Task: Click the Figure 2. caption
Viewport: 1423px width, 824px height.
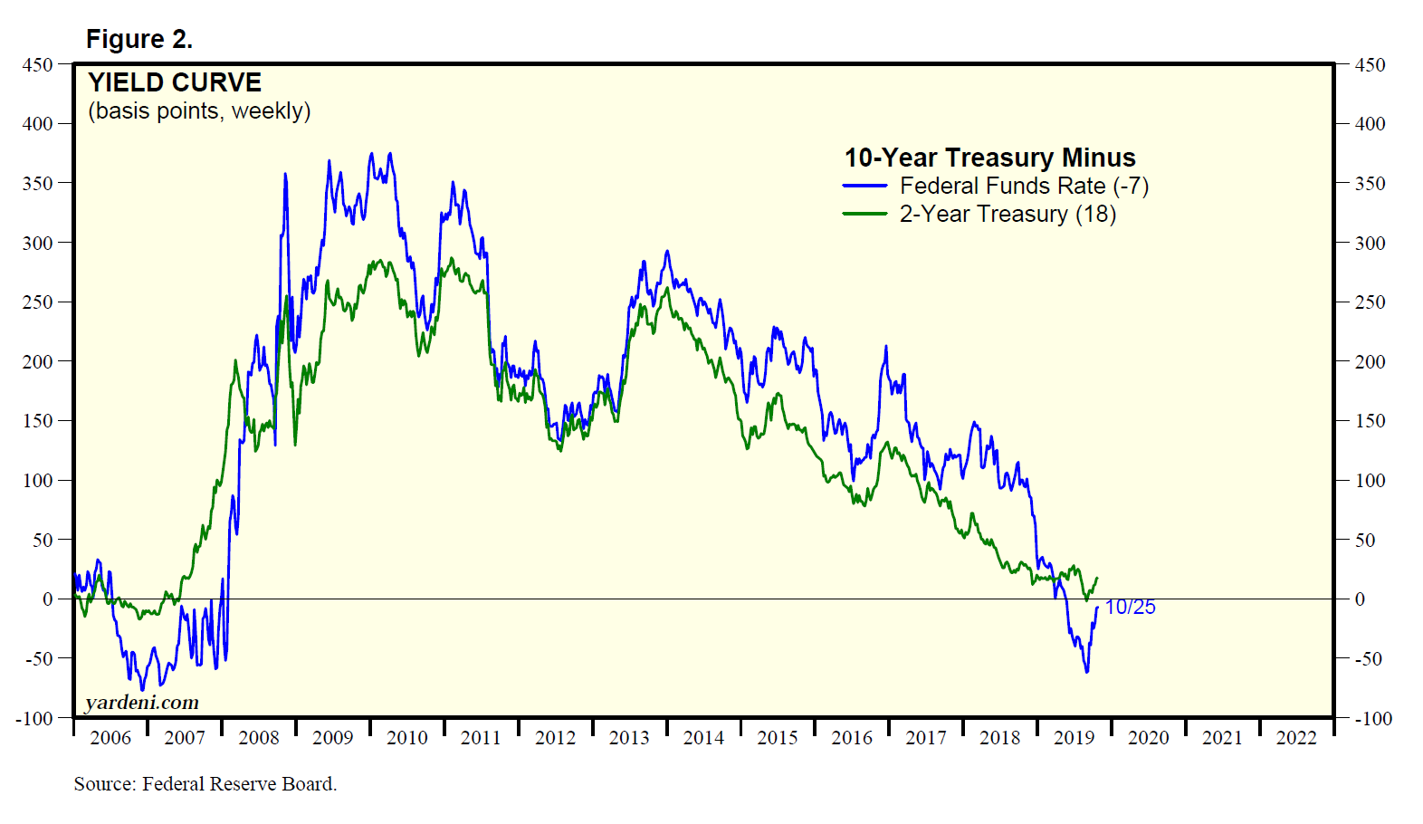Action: [139, 39]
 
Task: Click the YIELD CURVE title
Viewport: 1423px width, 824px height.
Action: [175, 82]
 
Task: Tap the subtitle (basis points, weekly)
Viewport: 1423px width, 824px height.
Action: [199, 110]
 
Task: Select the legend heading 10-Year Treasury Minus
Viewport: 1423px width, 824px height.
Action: [989, 158]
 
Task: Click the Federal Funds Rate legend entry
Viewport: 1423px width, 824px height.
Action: [1023, 187]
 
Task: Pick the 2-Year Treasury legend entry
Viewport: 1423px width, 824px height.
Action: [1007, 215]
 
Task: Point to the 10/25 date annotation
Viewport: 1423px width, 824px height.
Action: [1130, 608]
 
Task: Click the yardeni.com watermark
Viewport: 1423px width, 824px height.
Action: [141, 703]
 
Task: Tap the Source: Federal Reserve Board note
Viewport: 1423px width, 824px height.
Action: [205, 784]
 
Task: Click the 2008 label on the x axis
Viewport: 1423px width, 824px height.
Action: [259, 738]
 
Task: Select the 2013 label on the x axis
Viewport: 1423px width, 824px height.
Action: [629, 738]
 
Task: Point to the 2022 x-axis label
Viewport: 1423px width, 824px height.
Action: [1296, 738]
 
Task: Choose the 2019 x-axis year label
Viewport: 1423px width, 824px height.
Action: [1074, 738]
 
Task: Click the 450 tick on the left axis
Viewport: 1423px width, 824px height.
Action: [38, 65]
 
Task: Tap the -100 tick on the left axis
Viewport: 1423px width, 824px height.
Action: [34, 719]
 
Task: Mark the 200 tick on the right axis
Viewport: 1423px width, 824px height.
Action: [1370, 361]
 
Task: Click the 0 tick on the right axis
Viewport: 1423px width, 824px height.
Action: [1360, 599]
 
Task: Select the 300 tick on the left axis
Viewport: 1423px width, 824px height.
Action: [38, 243]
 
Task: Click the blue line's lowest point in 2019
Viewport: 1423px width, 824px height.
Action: [1086, 671]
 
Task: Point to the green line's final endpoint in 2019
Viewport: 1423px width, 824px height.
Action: [1097, 578]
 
